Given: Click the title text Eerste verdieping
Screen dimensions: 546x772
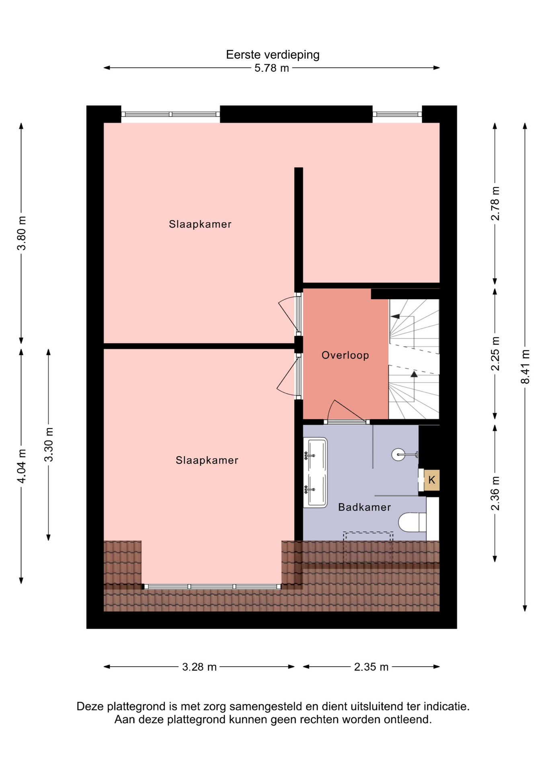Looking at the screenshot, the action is tap(273, 55).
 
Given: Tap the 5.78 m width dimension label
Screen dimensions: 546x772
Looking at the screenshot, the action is tap(272, 68).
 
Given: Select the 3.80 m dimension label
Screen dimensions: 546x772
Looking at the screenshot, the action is tap(22, 233).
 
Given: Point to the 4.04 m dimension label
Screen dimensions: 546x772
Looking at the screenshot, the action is tap(22, 466).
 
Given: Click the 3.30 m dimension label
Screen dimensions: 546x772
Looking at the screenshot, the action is tap(49, 444).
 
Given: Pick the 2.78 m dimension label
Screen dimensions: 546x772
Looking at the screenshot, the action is tap(495, 203).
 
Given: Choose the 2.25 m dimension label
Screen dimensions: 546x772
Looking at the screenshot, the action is tap(495, 353).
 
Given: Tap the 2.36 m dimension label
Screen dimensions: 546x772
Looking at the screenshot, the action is tap(495, 493).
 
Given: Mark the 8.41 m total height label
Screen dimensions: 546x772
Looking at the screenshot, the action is tap(525, 367).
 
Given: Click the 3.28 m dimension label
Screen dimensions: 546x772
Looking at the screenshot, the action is tap(199, 667).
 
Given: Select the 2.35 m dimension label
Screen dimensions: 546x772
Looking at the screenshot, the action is tap(372, 667).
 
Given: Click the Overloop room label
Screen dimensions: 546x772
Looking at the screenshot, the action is tap(345, 355).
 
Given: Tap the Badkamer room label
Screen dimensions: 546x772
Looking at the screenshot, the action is tap(365, 507).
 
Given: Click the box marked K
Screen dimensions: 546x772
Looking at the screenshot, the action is tap(432, 480).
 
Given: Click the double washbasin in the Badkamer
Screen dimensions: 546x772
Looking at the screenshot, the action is tap(315, 472).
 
